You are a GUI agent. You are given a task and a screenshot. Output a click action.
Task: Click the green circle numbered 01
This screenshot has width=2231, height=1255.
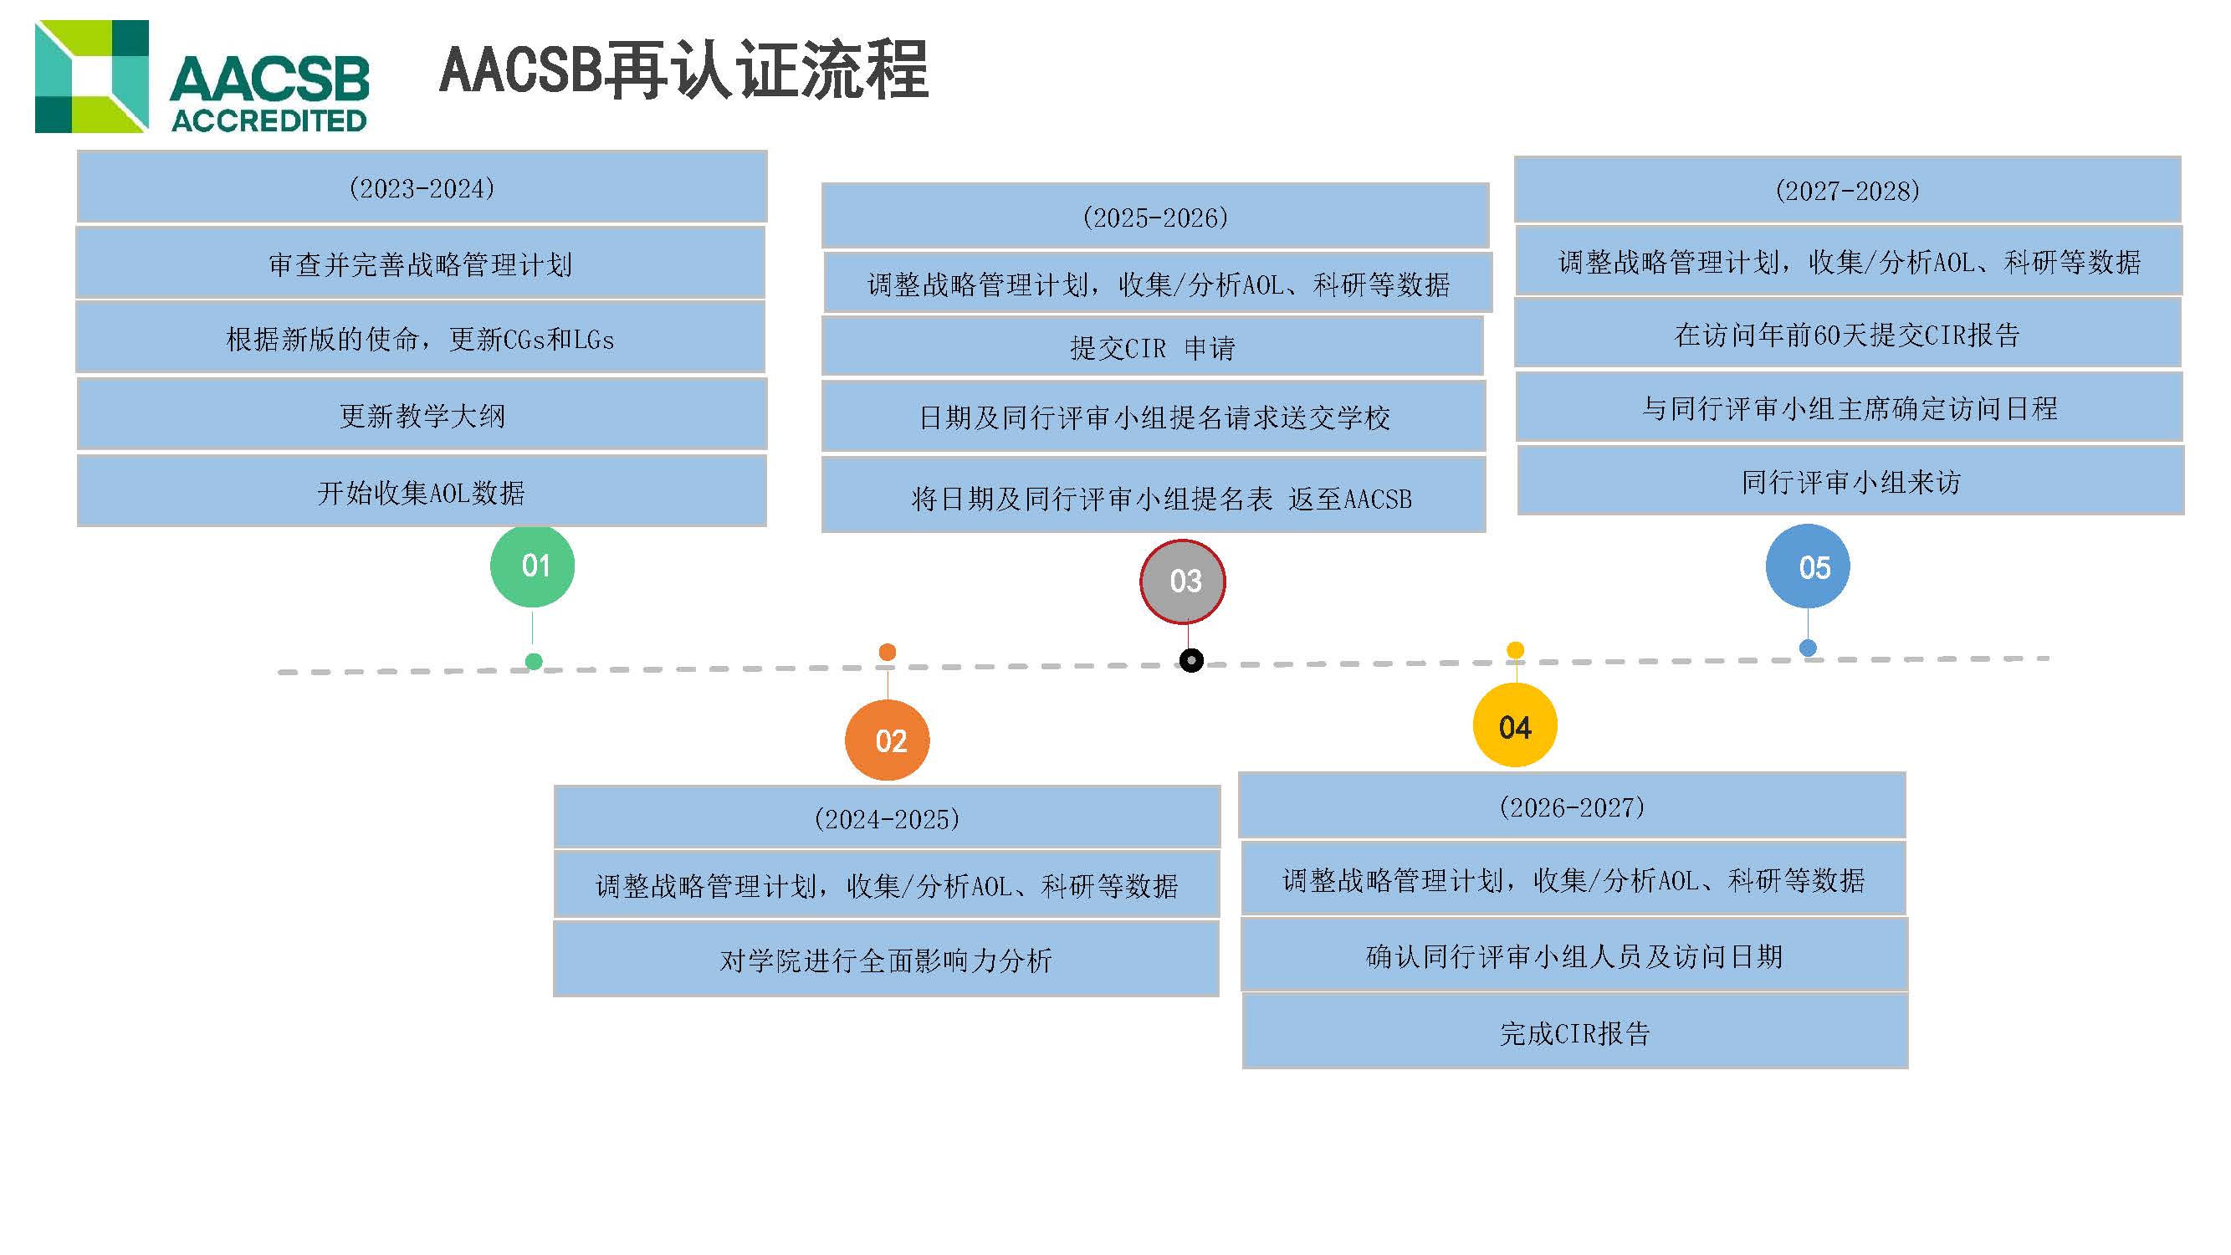point(533,566)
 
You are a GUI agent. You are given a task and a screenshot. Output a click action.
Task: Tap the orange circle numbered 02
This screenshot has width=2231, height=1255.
point(887,740)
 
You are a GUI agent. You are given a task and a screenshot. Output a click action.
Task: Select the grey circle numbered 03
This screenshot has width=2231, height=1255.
point(1183,581)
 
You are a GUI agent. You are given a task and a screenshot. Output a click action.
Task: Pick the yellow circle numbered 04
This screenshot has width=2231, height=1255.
point(1515,725)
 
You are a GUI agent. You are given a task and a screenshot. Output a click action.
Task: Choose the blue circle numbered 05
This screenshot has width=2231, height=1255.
point(1808,566)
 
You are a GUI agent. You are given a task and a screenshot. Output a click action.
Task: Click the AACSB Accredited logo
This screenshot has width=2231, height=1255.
point(202,77)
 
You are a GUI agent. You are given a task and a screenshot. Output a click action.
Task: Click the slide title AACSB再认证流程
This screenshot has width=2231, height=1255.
point(684,69)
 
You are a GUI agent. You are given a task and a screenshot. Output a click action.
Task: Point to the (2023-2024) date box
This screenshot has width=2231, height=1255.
point(422,187)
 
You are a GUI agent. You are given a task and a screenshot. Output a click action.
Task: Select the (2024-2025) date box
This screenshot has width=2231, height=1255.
point(887,817)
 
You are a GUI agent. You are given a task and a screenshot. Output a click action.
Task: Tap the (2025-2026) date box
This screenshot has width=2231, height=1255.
point(1155,217)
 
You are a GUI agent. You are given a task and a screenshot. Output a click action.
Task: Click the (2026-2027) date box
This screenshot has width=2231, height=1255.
point(1572,807)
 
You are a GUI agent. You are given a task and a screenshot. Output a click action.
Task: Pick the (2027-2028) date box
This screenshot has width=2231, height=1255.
point(1847,190)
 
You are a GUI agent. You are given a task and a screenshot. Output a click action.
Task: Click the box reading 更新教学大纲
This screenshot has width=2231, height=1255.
point(422,415)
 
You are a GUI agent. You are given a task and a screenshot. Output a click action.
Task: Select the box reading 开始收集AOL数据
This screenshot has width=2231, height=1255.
point(422,491)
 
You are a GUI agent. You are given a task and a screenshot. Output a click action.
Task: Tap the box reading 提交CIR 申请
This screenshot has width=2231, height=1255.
point(1153,346)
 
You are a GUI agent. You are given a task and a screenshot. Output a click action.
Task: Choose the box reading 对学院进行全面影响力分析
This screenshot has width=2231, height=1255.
point(886,959)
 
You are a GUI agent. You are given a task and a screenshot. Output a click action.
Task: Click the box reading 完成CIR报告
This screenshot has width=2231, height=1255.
point(1574,1032)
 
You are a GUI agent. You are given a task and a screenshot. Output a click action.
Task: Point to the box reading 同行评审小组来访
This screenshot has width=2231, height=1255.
point(1850,481)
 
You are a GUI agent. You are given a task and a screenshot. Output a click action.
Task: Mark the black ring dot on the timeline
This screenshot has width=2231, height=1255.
point(1192,661)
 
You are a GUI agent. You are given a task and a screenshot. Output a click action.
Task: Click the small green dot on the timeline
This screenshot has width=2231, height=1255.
point(535,662)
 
